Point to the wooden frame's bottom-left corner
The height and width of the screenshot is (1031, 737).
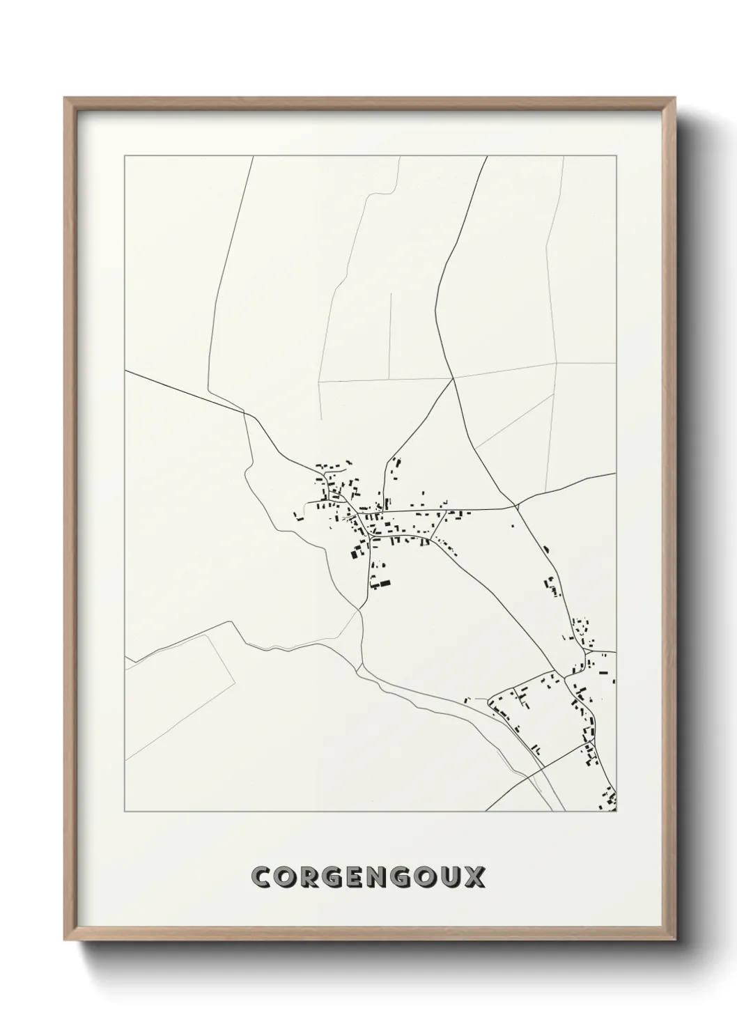pyautogui.click(x=65, y=939)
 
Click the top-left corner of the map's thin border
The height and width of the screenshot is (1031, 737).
pyautogui.click(x=125, y=156)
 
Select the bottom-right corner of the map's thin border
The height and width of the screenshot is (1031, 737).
pyautogui.click(x=616, y=812)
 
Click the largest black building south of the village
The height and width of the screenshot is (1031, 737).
pyautogui.click(x=381, y=582)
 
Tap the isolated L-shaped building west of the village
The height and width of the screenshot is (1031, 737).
pyautogui.click(x=299, y=516)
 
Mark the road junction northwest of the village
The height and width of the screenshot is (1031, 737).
pyautogui.click(x=246, y=414)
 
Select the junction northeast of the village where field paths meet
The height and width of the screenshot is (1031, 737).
pyautogui.click(x=453, y=378)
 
